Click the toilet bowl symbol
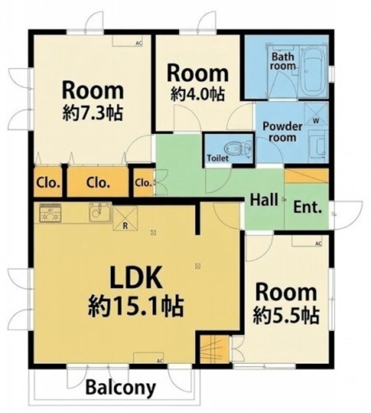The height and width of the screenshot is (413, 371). pos(234,148)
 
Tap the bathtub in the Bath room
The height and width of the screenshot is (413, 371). pos(314,73)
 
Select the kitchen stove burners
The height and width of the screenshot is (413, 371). pos(50,213)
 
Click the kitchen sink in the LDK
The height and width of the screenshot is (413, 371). pos(100,212)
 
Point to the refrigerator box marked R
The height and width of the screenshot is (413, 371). pos(125,218)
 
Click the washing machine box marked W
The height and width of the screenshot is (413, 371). pos(316,114)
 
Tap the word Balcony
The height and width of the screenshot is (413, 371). pos(121,387)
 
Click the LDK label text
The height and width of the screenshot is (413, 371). pos(136,277)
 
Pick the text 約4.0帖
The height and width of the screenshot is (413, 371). pos(197,94)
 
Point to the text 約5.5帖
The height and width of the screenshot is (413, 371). pos(286,315)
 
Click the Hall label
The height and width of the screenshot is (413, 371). pos(263,200)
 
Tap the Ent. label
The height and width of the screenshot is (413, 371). pos(307,207)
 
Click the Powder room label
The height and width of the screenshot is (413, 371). pos(282,132)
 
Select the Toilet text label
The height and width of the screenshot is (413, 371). pos(217,158)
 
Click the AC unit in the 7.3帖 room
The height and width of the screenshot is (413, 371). pos(128,41)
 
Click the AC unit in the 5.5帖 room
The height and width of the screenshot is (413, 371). pos(307,241)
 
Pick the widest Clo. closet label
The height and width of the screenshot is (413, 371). pos(97,182)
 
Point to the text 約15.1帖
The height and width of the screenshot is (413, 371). pos(135,307)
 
